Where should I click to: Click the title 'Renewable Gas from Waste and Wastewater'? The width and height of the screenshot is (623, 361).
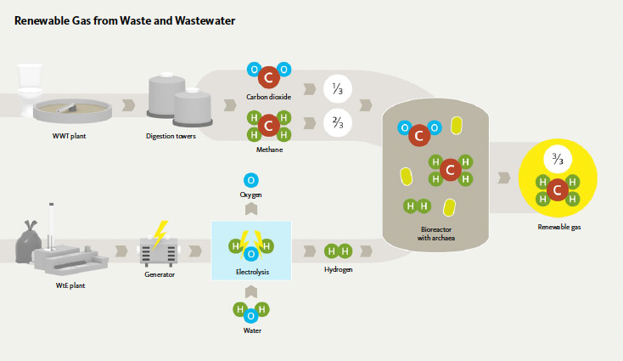[125, 20]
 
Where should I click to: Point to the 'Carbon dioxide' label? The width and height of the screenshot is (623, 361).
[268, 97]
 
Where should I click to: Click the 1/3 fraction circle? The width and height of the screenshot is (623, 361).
[337, 87]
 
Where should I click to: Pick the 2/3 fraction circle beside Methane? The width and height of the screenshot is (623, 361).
[337, 124]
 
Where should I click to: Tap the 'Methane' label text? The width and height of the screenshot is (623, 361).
[269, 149]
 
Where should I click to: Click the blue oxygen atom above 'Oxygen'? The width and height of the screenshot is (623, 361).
[250, 180]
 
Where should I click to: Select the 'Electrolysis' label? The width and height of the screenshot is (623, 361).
[250, 272]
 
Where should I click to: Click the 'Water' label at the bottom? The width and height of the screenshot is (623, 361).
[250, 330]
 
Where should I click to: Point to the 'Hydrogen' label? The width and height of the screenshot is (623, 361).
[338, 269]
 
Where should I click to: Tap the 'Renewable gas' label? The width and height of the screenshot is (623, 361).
[558, 227]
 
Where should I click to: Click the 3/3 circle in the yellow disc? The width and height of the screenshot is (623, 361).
[558, 159]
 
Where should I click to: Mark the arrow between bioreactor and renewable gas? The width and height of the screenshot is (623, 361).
[503, 178]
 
